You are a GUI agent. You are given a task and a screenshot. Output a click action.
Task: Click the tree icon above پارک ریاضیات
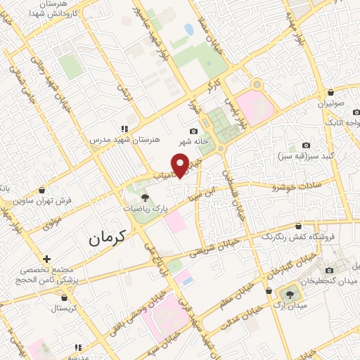[145, 198]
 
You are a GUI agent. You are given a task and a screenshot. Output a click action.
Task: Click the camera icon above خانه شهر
[193, 131]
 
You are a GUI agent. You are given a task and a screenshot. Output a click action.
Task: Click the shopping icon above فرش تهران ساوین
[42, 189]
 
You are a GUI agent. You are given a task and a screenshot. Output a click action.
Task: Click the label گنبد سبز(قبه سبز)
[305, 155]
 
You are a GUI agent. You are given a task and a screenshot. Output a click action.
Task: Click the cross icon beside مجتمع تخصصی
[47, 259]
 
